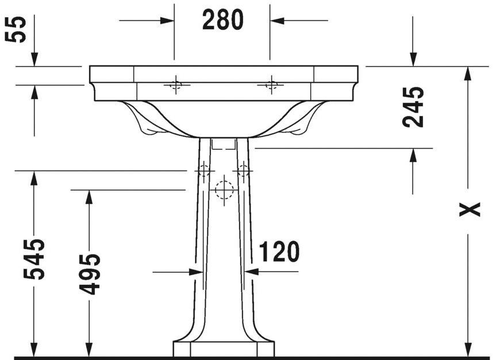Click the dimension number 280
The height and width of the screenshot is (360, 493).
tap(223, 21)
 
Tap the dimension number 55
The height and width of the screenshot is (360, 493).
tap(18, 29)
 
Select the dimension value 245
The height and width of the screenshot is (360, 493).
tap(413, 107)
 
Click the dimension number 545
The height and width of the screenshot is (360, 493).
tap(34, 259)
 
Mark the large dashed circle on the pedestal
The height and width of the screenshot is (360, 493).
tap(224, 189)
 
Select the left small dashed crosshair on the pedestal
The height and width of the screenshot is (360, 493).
tap(203, 171)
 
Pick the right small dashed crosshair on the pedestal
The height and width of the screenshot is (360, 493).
tap(244, 171)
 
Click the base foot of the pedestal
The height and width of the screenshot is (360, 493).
tap(224, 349)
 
